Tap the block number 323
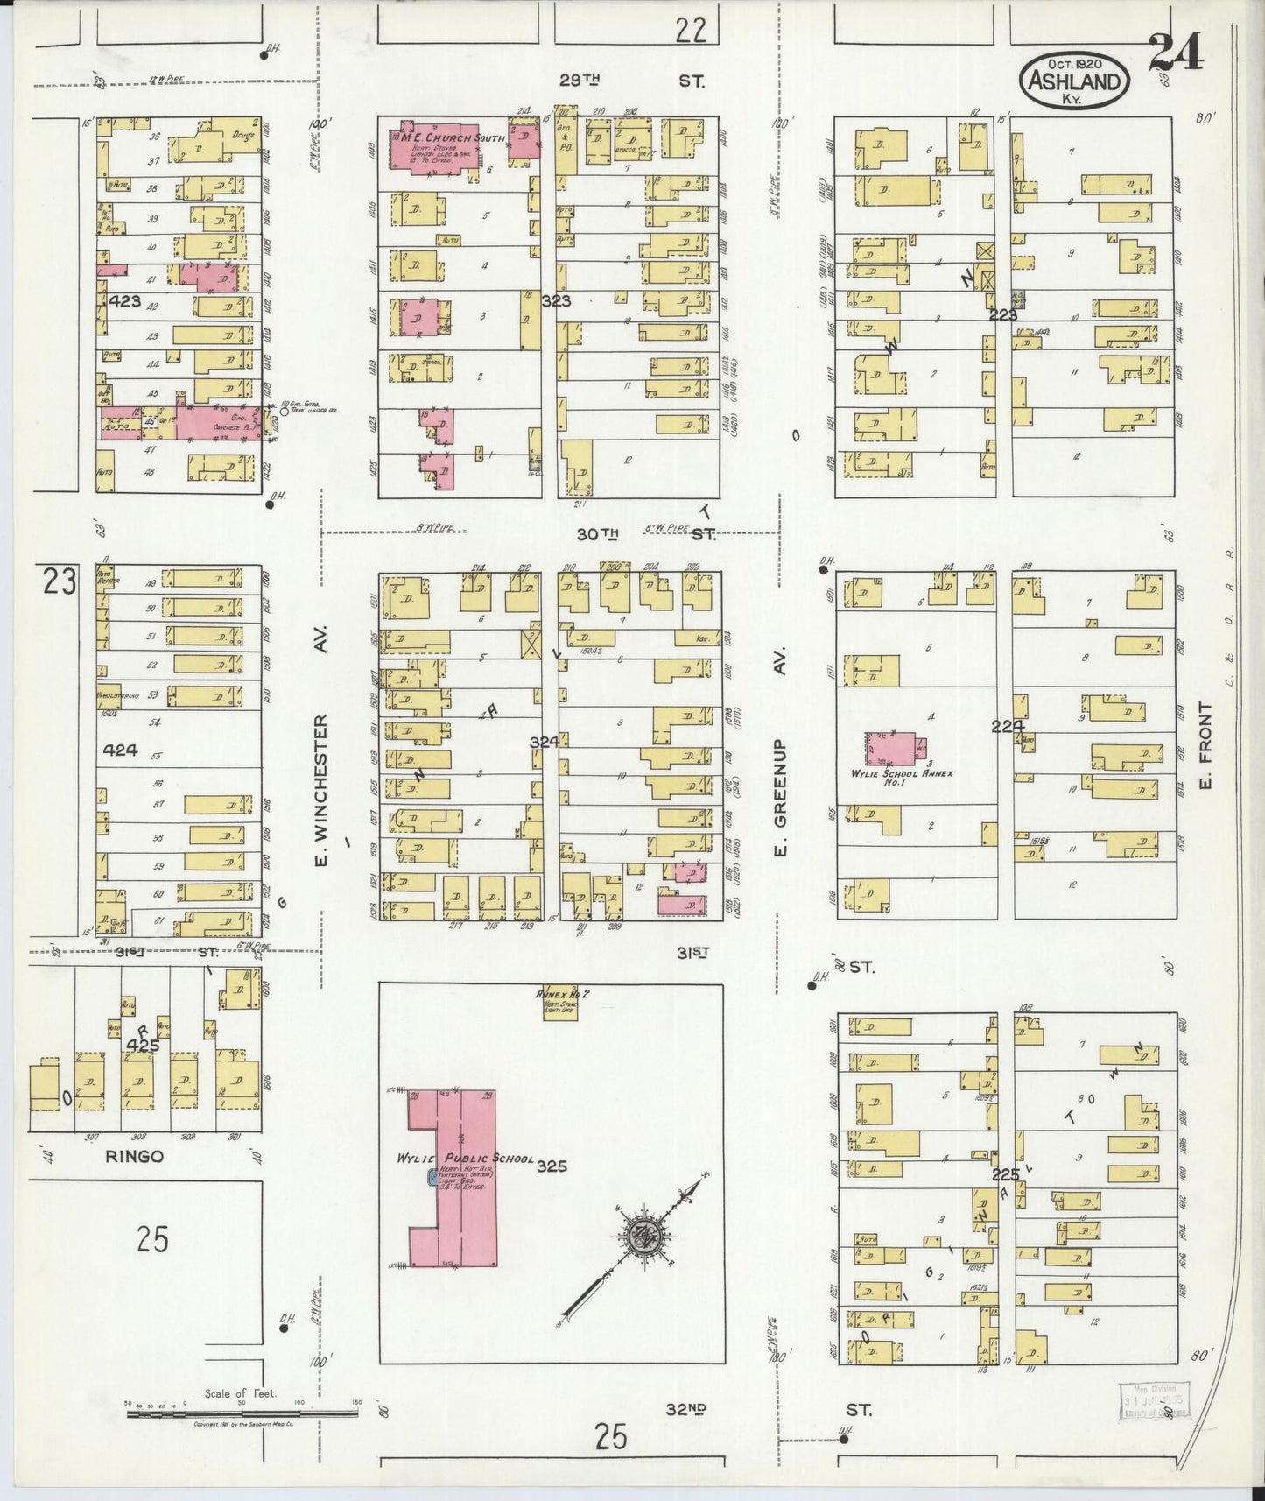click(556, 301)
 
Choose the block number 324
click(544, 742)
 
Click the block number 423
click(126, 300)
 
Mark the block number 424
click(120, 750)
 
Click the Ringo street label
click(134, 1156)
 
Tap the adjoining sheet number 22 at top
click(690, 31)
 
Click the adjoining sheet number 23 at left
click(60, 581)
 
